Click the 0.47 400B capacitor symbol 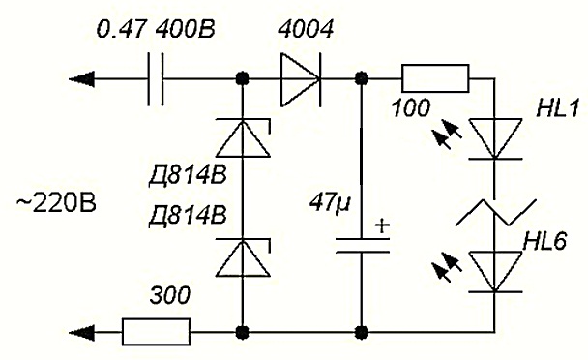[155, 79]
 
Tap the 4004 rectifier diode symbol [300, 79]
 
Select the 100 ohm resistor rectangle [435, 78]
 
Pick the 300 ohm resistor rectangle [156, 332]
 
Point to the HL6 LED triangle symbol [495, 271]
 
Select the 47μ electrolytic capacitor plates [363, 245]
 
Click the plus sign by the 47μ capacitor [382, 226]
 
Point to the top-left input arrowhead [81, 79]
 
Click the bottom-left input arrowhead [81, 332]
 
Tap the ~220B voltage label [56, 204]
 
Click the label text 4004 [306, 29]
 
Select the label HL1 [558, 108]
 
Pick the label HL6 [544, 241]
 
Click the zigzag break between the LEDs [495, 212]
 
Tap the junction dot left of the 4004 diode [243, 78]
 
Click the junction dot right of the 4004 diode [362, 78]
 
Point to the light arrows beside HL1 [446, 134]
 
